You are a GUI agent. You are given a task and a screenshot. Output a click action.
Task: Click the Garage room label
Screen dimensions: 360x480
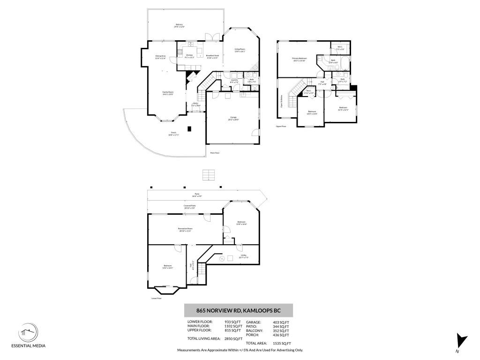click(x=233, y=118)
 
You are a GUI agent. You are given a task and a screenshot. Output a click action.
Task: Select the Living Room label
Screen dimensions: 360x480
click(x=240, y=50)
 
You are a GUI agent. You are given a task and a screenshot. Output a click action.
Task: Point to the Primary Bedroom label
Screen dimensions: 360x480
click(x=299, y=59)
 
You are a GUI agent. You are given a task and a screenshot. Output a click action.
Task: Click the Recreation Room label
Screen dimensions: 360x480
click(x=184, y=229)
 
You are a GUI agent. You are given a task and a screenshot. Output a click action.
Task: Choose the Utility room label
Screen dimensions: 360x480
click(x=243, y=256)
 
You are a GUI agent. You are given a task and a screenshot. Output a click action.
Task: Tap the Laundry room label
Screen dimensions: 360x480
click(x=235, y=81)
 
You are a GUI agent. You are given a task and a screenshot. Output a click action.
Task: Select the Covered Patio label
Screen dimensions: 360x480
click(x=190, y=207)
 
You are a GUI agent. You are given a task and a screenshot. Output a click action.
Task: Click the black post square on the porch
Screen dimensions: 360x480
click(x=189, y=129)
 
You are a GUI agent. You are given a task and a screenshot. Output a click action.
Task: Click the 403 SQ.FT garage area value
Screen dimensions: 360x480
click(x=281, y=322)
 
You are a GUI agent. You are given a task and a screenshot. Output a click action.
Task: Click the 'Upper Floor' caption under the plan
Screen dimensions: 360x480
click(x=281, y=126)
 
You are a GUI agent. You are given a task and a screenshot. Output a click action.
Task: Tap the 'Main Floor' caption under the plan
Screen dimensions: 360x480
click(x=215, y=153)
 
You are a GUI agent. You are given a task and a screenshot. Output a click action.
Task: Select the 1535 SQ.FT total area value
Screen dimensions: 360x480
click(x=281, y=344)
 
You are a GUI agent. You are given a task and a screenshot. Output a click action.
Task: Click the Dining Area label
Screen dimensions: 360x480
click(x=161, y=57)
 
